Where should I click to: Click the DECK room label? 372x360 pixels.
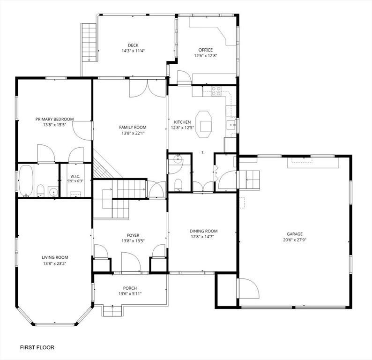133,45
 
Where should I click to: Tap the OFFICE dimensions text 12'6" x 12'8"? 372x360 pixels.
206,56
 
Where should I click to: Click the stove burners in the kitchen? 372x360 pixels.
216,91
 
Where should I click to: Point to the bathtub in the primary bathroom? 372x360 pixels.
26,180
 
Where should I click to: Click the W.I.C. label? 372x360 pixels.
75,176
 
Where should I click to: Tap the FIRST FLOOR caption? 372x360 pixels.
37,347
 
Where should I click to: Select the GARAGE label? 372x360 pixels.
295,234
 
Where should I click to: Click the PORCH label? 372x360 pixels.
130,288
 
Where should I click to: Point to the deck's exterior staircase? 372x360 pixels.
89,42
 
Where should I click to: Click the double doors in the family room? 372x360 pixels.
147,88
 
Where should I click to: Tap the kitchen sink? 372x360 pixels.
231,125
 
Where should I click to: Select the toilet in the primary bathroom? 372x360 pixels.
41,191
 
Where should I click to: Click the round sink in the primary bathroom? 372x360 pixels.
53,192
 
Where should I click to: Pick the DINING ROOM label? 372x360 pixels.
203,231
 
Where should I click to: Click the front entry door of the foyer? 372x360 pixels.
131,262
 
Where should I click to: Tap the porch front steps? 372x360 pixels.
113,311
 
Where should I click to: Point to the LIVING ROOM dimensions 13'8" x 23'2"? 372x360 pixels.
54,263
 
